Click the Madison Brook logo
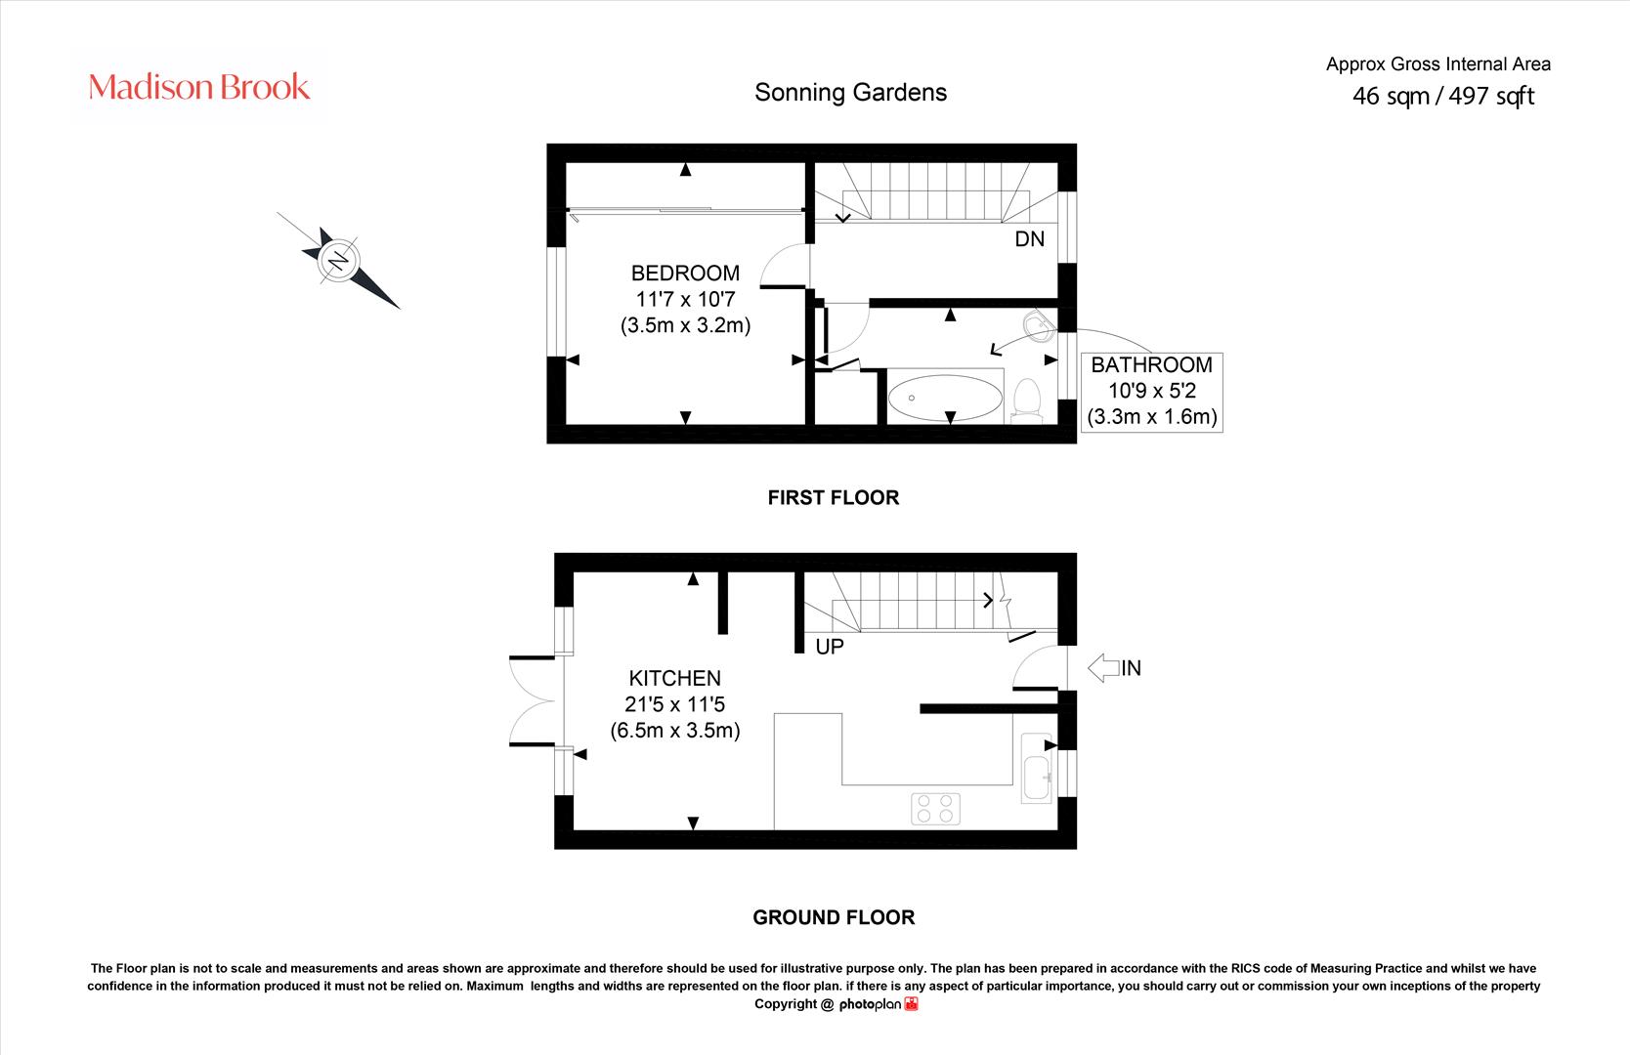(x=198, y=87)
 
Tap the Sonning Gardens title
(x=850, y=93)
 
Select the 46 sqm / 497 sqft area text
(x=1443, y=96)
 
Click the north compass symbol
(x=339, y=261)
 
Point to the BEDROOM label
(x=685, y=273)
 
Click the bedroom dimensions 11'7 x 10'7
(x=685, y=299)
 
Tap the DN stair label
(x=1029, y=238)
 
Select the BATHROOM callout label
(x=1151, y=364)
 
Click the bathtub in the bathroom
(x=945, y=398)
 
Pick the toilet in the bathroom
(x=1027, y=401)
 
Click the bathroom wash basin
(x=1040, y=326)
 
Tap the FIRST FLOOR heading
(x=834, y=497)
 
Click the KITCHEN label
(x=674, y=678)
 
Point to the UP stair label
(x=830, y=646)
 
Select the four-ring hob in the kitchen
(x=935, y=809)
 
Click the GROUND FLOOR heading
(x=834, y=917)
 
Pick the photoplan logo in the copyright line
(x=879, y=1004)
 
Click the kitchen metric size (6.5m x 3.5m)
(x=674, y=731)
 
